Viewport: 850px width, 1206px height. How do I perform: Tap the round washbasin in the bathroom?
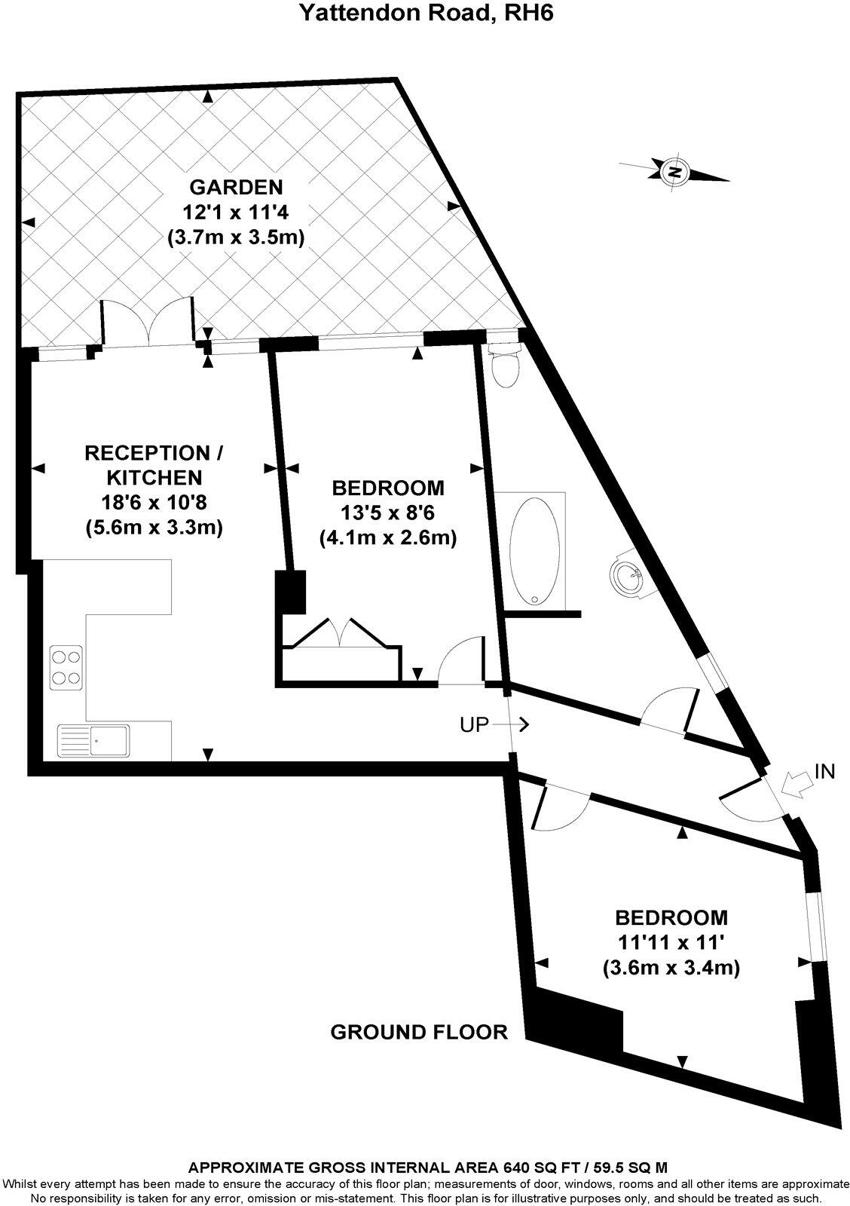(x=627, y=577)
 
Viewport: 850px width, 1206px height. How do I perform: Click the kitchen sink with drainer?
(x=93, y=739)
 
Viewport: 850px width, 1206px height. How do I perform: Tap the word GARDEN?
(x=236, y=186)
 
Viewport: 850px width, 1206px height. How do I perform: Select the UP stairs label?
(x=475, y=725)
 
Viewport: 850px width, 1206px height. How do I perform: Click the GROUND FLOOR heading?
(x=419, y=1032)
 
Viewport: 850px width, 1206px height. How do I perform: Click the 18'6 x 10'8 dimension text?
(x=154, y=502)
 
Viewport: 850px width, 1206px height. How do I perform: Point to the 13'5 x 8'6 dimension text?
(x=388, y=513)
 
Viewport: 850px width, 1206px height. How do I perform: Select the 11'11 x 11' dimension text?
(x=671, y=942)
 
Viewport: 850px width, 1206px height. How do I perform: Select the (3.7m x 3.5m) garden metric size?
(x=236, y=237)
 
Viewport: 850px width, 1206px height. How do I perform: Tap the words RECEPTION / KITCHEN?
(x=154, y=465)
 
